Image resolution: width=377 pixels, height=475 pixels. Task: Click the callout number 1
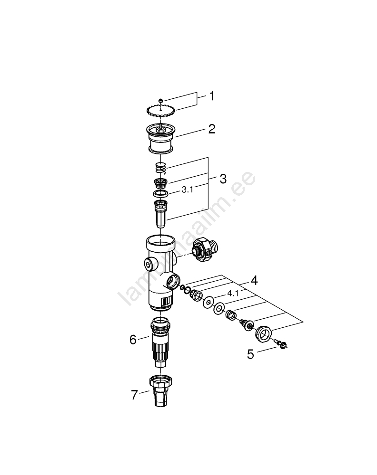pyautogui.click(x=212, y=96)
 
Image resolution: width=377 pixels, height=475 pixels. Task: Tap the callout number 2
pyautogui.click(x=211, y=129)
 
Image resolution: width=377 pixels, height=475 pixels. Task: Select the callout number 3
pyautogui.click(x=223, y=179)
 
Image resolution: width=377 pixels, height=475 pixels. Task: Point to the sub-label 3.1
pyautogui.click(x=187, y=190)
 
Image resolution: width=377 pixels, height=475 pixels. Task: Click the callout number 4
pyautogui.click(x=254, y=281)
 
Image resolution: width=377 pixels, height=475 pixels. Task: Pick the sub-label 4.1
pyautogui.click(x=233, y=293)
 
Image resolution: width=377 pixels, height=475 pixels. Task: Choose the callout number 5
pyautogui.click(x=250, y=354)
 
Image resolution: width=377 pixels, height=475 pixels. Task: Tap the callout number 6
pyautogui.click(x=133, y=340)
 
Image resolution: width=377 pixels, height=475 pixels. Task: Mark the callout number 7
pyautogui.click(x=134, y=395)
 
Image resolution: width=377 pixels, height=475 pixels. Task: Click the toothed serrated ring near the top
pyautogui.click(x=159, y=110)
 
